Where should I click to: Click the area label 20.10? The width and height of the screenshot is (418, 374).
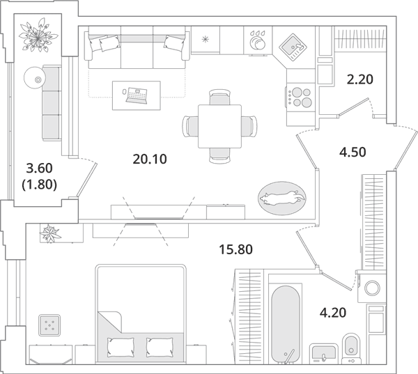pyautogui.click(x=150, y=159)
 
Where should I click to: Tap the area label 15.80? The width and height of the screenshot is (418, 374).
pyautogui.click(x=235, y=250)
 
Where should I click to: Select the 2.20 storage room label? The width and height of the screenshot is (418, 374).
pyautogui.click(x=360, y=79)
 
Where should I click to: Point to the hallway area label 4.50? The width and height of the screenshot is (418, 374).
pyautogui.click(x=353, y=153)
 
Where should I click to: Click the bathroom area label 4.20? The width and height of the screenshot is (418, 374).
pyautogui.click(x=333, y=313)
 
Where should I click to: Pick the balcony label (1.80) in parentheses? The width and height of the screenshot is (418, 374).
pyautogui.click(x=40, y=185)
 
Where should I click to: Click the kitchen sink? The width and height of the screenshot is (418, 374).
pyautogui.click(x=293, y=47)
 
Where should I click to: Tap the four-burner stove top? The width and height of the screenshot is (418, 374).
pyautogui.click(x=300, y=98)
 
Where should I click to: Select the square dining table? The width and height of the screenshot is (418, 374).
pyautogui.click(x=219, y=126)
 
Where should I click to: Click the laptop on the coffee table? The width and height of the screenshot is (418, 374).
pyautogui.click(x=137, y=95)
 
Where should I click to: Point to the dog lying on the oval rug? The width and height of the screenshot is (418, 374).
pyautogui.click(x=282, y=198)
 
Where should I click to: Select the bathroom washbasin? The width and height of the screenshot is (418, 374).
pyautogui.click(x=324, y=354)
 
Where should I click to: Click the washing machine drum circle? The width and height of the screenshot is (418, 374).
pyautogui.click(x=372, y=288)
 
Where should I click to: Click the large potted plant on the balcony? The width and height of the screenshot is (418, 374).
pyautogui.click(x=38, y=35)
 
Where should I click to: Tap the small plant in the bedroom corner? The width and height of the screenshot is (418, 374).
pyautogui.click(x=51, y=233)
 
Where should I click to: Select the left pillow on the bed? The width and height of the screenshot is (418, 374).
pyautogui.click(x=121, y=348)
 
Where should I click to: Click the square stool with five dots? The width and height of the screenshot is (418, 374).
pyautogui.click(x=49, y=325)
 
